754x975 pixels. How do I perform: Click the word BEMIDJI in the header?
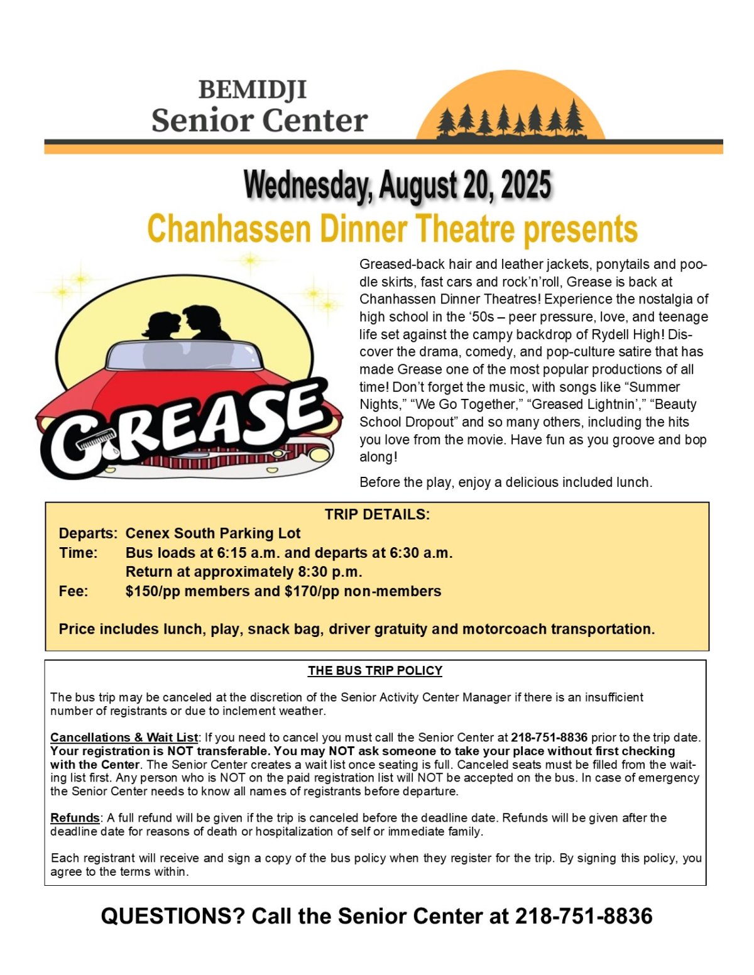pyautogui.click(x=253, y=90)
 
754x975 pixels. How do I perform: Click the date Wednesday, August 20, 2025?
pyautogui.click(x=397, y=185)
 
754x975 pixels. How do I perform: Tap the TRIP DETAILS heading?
pyautogui.click(x=377, y=515)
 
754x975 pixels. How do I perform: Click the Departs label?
pyautogui.click(x=88, y=533)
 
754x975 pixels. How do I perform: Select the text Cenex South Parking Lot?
pyautogui.click(x=213, y=533)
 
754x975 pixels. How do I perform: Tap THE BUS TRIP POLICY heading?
pyautogui.click(x=375, y=670)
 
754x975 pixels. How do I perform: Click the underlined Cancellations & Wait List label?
pyautogui.click(x=124, y=737)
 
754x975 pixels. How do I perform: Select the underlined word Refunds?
pyautogui.click(x=75, y=817)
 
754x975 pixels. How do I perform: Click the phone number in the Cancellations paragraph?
pyautogui.click(x=549, y=737)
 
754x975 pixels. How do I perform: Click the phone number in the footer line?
pyautogui.click(x=584, y=916)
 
